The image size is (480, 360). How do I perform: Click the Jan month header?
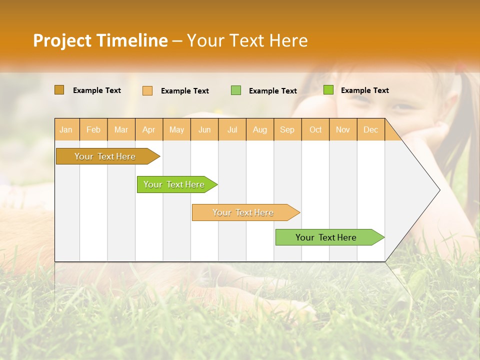click(x=66, y=129)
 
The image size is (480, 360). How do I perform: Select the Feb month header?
click(x=93, y=129)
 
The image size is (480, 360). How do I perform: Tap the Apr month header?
click(x=148, y=129)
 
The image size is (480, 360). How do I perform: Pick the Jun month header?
click(x=204, y=129)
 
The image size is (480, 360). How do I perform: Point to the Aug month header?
click(x=259, y=129)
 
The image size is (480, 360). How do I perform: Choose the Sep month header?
click(x=287, y=129)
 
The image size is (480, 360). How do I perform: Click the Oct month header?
click(x=315, y=129)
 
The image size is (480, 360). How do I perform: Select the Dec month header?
click(x=370, y=129)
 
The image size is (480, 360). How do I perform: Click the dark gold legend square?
click(x=59, y=90)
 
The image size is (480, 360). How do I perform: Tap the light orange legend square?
click(x=147, y=90)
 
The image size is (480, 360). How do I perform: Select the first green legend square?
click(x=236, y=90)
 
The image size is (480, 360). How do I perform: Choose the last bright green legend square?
click(x=328, y=90)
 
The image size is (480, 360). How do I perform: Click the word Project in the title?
click(x=62, y=40)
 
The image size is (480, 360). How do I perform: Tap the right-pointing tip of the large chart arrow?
click(x=438, y=190)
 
